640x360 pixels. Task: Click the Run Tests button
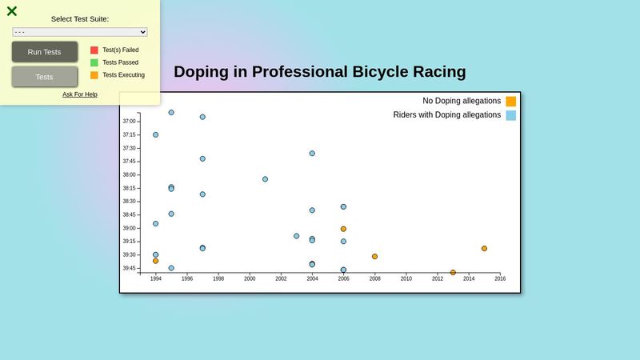[44, 52]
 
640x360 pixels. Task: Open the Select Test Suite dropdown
[80, 32]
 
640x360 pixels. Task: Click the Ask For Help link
[80, 94]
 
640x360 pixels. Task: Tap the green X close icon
[12, 11]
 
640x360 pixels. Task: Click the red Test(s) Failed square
[94, 50]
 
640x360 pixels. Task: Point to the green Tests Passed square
[94, 62]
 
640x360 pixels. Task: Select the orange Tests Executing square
[94, 75]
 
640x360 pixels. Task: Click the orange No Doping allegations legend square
[510, 102]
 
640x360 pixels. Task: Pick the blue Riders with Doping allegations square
[510, 115]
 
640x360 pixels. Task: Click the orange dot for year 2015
[484, 249]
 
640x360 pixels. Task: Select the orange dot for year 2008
[374, 257]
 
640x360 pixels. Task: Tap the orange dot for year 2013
[453, 273]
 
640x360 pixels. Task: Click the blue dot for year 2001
[265, 179]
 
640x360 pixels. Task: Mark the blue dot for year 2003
[296, 236]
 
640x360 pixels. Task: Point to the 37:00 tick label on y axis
[129, 122]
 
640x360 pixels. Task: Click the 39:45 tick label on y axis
[129, 268]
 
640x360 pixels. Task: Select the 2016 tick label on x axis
[500, 279]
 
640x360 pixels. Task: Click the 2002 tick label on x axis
[281, 279]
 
